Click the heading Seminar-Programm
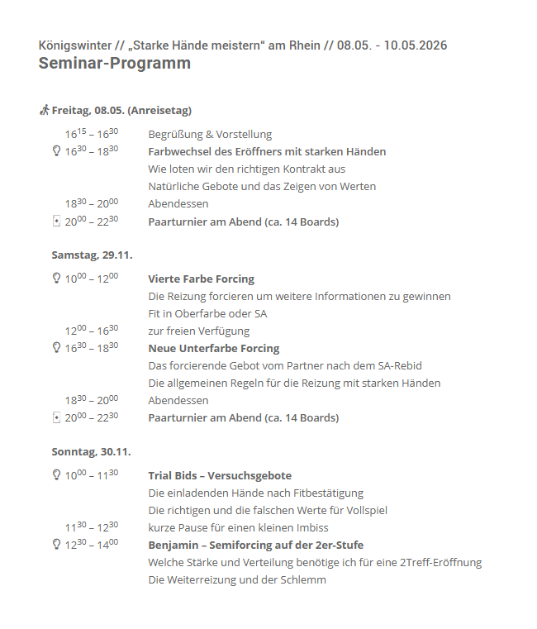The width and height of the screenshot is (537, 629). pos(114,64)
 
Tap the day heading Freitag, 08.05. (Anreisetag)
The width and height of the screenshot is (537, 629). pos(121,110)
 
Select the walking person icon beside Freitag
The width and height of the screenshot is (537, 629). pos(45,110)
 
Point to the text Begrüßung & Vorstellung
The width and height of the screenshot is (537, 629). pos(210,135)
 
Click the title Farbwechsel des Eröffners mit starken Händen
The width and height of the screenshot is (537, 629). pos(267,152)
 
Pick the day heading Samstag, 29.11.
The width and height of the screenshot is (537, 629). pos(92,255)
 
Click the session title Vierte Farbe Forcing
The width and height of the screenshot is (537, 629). pos(201,279)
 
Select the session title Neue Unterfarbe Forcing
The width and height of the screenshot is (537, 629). pos(213,349)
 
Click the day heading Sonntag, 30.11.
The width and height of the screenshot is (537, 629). pos(91,452)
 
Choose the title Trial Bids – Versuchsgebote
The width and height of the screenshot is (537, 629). pos(220,476)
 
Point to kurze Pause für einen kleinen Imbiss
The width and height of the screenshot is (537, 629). pos(238,528)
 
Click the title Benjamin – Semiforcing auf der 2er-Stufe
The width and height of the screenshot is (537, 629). pos(255,546)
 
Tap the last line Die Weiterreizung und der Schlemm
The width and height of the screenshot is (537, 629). pos(237,580)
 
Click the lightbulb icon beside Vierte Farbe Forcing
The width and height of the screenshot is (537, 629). pos(56,279)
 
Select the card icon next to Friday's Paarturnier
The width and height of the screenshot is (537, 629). pos(56,222)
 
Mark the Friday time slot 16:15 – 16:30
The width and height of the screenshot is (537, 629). pos(92,134)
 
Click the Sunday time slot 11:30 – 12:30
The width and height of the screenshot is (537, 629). pos(92,527)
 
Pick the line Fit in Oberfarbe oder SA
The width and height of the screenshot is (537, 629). pos(207,314)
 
